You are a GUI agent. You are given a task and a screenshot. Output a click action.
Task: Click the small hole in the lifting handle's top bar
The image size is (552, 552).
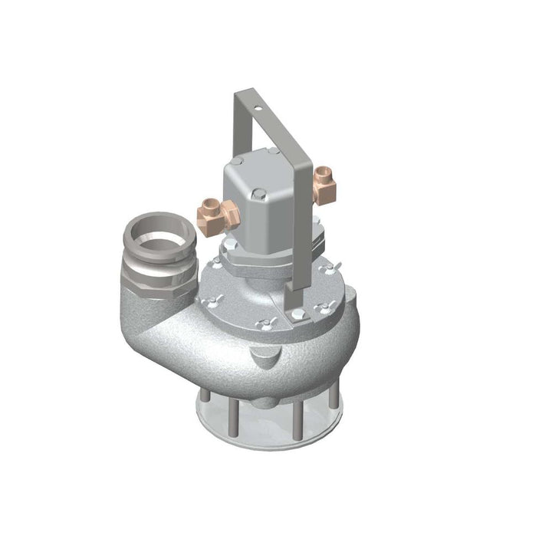pos(258,109)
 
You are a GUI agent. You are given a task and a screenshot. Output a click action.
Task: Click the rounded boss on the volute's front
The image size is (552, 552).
pos(264,356)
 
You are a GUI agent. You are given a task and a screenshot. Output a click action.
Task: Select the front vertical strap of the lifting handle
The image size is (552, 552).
pos(301,230)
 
